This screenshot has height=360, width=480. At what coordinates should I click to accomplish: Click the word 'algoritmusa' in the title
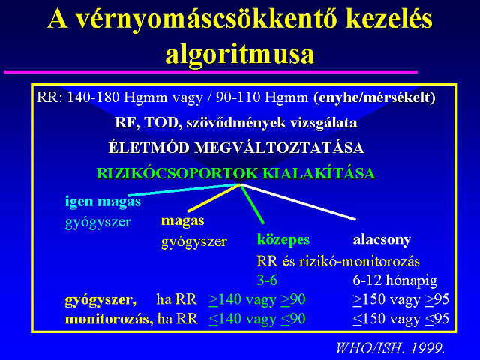[240, 55]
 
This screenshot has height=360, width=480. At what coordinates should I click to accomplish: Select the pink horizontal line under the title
[211, 72]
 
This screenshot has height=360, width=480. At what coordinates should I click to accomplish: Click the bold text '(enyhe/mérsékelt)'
[374, 97]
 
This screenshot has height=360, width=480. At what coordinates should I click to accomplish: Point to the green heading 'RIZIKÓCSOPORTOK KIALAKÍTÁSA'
[235, 173]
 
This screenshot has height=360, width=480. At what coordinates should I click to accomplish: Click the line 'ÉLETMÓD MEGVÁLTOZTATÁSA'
[236, 148]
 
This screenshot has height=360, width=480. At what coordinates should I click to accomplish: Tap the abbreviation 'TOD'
[161, 123]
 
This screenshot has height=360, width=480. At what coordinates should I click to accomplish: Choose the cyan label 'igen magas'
[103, 202]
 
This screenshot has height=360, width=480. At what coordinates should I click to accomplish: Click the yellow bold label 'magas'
[182, 220]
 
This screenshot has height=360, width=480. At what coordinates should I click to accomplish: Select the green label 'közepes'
[283, 240]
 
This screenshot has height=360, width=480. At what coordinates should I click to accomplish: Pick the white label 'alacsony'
[382, 240]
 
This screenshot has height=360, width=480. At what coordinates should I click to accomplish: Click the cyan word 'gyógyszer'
[98, 222]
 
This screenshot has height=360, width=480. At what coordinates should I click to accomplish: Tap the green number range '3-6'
[267, 280]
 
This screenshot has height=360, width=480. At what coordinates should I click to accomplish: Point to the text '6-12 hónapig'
[395, 280]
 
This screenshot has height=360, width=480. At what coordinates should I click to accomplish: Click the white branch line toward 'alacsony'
[298, 202]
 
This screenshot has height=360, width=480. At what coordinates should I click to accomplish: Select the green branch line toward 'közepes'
[252, 204]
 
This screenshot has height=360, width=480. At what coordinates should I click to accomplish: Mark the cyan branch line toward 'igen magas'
[184, 190]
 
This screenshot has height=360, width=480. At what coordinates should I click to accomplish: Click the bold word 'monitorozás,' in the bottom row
[109, 319]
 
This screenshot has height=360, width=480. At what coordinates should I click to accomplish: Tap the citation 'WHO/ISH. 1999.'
[390, 348]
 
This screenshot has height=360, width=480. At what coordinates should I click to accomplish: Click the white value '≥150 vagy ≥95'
[400, 299]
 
